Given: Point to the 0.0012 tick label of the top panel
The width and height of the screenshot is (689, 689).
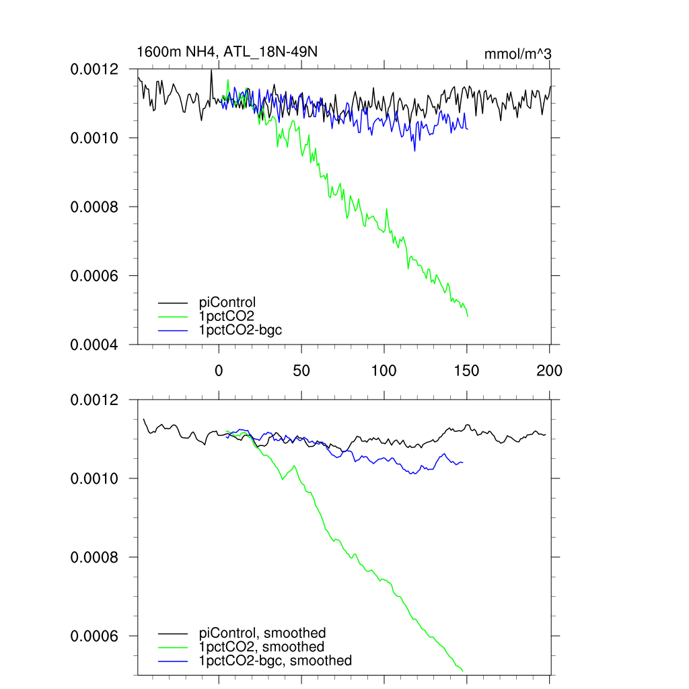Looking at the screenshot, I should pyautogui.click(x=95, y=69).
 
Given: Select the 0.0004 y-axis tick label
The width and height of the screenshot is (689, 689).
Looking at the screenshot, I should pyautogui.click(x=95, y=344).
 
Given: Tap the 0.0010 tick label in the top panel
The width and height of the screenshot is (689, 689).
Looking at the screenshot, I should pyautogui.click(x=95, y=138).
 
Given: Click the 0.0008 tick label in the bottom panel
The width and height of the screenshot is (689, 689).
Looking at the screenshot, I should pyautogui.click(x=95, y=558).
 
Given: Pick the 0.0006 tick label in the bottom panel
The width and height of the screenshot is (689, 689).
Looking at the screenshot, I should pyautogui.click(x=95, y=637).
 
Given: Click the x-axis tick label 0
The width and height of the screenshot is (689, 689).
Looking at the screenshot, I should pyautogui.click(x=218, y=370).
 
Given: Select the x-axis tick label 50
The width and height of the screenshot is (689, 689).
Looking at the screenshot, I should pyautogui.click(x=301, y=370).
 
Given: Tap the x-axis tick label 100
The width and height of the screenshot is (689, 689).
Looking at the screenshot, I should pyautogui.click(x=384, y=370).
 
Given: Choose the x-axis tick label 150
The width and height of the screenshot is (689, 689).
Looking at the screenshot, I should pyautogui.click(x=467, y=370).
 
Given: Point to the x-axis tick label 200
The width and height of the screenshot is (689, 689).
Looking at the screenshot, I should pyautogui.click(x=550, y=370).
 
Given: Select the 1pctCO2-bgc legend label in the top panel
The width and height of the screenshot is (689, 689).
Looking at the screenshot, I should pyautogui.click(x=240, y=330).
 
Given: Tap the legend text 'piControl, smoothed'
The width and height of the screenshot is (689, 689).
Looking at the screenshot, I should pyautogui.click(x=262, y=632).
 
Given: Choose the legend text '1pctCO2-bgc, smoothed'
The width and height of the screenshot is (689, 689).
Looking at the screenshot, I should pyautogui.click(x=275, y=661).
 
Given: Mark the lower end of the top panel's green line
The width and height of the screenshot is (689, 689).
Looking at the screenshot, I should pyautogui.click(x=468, y=316).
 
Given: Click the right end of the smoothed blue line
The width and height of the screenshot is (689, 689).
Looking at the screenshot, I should pyautogui.click(x=463, y=462).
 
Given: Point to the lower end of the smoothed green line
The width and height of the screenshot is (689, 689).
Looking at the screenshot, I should pyautogui.click(x=463, y=670).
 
